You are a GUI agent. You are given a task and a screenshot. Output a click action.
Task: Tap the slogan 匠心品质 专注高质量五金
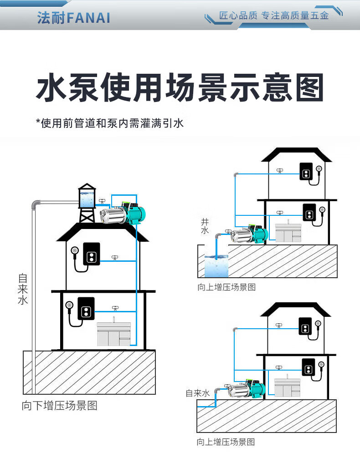pyautogui.click(x=273, y=16)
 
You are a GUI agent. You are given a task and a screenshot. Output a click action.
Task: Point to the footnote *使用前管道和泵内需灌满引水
pyautogui.click(x=109, y=123)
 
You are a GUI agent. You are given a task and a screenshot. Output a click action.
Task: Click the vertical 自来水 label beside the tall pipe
pyautogui.click(x=23, y=289)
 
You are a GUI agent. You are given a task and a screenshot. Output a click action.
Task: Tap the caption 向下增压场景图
pyautogui.click(x=60, y=406)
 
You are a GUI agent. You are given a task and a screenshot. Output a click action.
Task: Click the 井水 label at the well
pyautogui.click(x=205, y=226)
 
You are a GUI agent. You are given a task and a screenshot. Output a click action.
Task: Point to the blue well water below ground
pyautogui.click(x=216, y=266)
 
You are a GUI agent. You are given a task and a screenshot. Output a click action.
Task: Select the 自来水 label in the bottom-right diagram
pyautogui.click(x=197, y=393)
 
